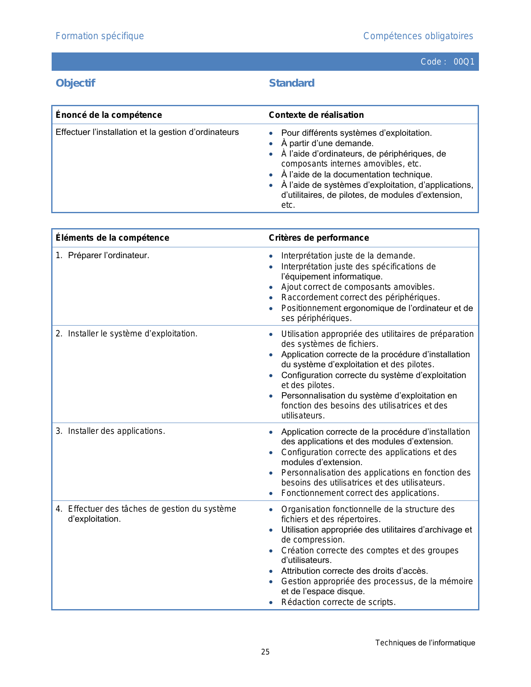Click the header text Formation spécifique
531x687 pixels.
tap(100, 36)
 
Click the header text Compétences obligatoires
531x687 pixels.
tap(418, 36)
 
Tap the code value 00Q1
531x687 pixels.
tap(464, 62)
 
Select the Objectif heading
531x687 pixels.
tap(75, 83)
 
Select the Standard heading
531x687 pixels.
tap(292, 83)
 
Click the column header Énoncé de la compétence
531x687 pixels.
tap(109, 115)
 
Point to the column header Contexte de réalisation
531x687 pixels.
tap(316, 115)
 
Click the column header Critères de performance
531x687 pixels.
tap(319, 238)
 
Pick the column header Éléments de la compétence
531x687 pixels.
tap(112, 238)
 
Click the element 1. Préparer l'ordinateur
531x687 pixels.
tap(102, 255)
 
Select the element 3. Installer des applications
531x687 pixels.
tap(110, 431)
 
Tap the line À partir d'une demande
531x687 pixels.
tap(327, 144)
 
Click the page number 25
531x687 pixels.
tap(265, 652)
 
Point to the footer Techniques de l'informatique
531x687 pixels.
tap(425, 643)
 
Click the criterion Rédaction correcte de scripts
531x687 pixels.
tap(338, 602)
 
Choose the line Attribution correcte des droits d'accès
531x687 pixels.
tap(354, 571)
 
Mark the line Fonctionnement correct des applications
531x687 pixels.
tap(360, 493)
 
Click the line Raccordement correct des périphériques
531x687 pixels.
tap(360, 297)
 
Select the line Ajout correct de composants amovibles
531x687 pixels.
tap(358, 287)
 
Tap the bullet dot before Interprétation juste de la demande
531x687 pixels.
tap(271, 256)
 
